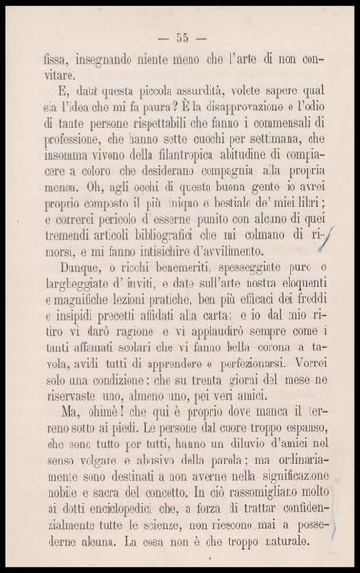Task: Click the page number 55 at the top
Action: point(179,38)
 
